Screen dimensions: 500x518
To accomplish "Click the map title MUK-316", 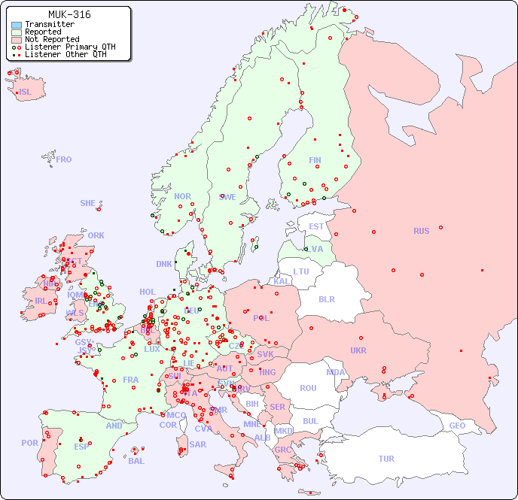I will pyautogui.click(x=69, y=14).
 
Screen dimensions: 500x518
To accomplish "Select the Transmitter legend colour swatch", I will pyautogui.click(x=17, y=25).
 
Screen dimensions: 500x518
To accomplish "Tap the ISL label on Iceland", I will pyautogui.click(x=26, y=92).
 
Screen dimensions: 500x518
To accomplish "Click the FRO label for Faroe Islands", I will pyautogui.click(x=64, y=159).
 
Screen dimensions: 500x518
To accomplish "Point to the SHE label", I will pyautogui.click(x=88, y=203).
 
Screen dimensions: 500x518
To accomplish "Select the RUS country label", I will pyautogui.click(x=421, y=231).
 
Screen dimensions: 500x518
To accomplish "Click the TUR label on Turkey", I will pyautogui.click(x=386, y=459).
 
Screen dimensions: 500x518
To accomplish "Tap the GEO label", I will pyautogui.click(x=457, y=426).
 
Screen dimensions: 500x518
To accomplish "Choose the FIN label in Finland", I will pyautogui.click(x=315, y=160).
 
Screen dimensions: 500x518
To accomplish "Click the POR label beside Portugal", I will pyautogui.click(x=29, y=443).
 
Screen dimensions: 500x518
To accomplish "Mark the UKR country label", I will pyautogui.click(x=358, y=350).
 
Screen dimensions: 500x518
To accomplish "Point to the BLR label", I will pyautogui.click(x=326, y=299).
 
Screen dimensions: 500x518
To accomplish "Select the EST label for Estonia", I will pyautogui.click(x=316, y=226).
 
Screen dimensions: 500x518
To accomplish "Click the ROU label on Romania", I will pyautogui.click(x=308, y=388).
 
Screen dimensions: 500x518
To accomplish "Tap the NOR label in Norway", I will pyautogui.click(x=182, y=196).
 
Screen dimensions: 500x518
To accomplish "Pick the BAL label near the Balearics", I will pyautogui.click(x=136, y=461).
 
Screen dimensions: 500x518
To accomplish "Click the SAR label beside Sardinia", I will pyautogui.click(x=197, y=444).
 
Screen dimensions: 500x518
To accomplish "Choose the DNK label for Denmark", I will pyautogui.click(x=164, y=264).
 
